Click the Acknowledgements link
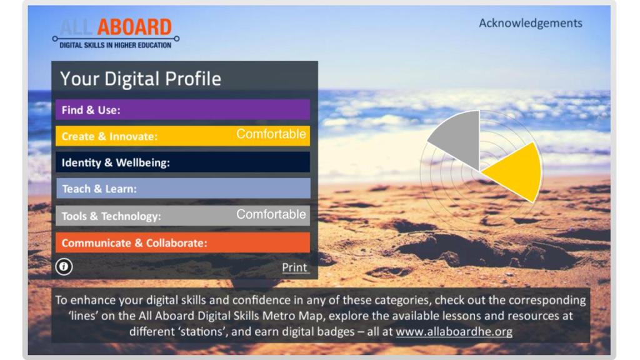tap(530, 23)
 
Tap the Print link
tap(295, 267)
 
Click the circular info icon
tap(64, 267)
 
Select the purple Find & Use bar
tap(182, 109)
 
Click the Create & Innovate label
tap(109, 136)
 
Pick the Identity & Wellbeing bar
tap(182, 162)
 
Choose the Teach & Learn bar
tap(183, 189)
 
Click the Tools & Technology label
tap(111, 216)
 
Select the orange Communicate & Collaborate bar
tap(182, 242)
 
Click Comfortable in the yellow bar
tap(271, 134)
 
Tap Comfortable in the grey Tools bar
tap(271, 214)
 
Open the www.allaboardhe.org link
tap(454, 331)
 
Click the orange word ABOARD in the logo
tap(134, 27)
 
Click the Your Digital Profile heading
tap(141, 78)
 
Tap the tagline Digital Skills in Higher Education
tap(116, 45)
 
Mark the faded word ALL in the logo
tap(76, 27)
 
